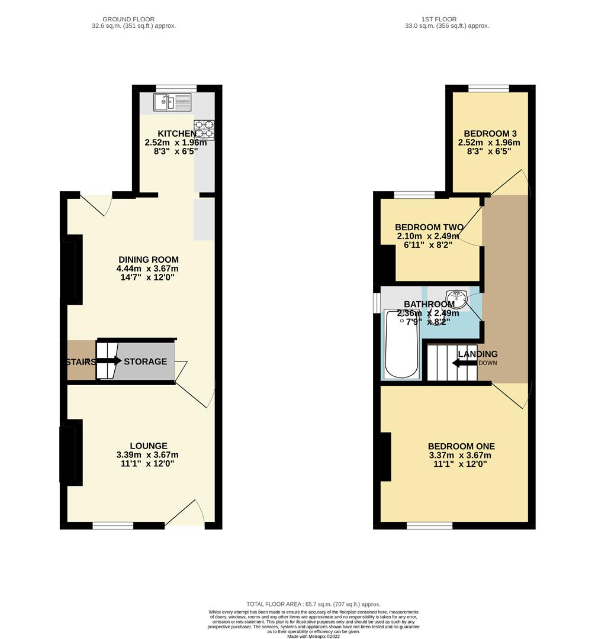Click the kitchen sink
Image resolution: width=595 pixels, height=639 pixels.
point(172,102)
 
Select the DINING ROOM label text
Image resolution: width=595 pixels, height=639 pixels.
point(149,260)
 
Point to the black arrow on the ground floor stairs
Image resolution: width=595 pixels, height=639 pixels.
point(108,361)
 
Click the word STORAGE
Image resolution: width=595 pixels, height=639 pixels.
point(145,362)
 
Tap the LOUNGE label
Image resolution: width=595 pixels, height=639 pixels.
point(149,446)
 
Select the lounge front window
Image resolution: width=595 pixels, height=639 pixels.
point(112,525)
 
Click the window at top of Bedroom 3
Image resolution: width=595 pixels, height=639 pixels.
point(488,89)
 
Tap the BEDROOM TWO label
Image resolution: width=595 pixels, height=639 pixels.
point(426,227)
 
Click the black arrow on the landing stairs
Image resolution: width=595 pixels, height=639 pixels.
point(464,363)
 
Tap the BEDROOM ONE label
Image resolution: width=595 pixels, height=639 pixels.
point(461,446)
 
